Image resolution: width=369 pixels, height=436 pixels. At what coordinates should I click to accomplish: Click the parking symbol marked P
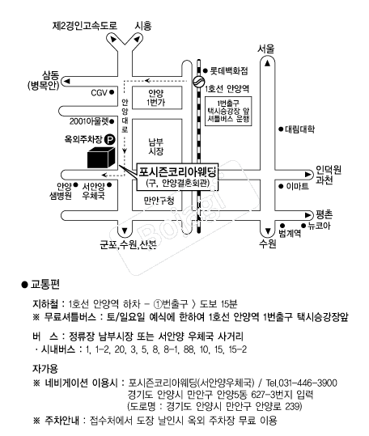point(109,140)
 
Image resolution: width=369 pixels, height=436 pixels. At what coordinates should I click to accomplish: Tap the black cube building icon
point(101,158)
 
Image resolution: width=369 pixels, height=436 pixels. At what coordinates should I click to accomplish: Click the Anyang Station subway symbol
point(198,82)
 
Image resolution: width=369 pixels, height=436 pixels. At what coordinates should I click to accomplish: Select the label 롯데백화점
point(228,71)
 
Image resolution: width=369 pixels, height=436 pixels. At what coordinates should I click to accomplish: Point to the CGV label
point(99,92)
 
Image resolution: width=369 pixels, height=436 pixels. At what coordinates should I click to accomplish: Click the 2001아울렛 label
point(89,121)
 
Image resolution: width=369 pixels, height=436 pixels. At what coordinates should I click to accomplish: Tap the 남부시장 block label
point(156,147)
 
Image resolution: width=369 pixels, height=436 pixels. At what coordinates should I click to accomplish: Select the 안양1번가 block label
point(156,98)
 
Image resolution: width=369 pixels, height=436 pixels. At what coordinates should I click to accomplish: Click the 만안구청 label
point(159,201)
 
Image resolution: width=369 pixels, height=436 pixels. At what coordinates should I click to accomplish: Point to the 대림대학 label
point(299,129)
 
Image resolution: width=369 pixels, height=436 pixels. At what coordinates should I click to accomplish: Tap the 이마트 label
point(298,186)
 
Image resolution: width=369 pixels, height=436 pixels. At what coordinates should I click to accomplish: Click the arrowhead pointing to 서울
point(268,63)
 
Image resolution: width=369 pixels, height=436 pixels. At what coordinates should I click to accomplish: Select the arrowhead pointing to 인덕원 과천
point(307,175)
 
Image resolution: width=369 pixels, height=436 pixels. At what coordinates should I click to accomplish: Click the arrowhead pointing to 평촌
point(307,215)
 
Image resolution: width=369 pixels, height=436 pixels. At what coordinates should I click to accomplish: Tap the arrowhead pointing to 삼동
point(67,82)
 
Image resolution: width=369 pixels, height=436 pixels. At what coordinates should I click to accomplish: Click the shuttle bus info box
point(228,112)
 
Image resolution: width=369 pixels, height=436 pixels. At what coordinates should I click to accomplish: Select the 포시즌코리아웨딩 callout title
point(177,171)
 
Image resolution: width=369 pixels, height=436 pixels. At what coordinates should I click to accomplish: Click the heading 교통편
point(45,285)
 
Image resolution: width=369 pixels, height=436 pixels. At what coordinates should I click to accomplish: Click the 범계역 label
point(290,233)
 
